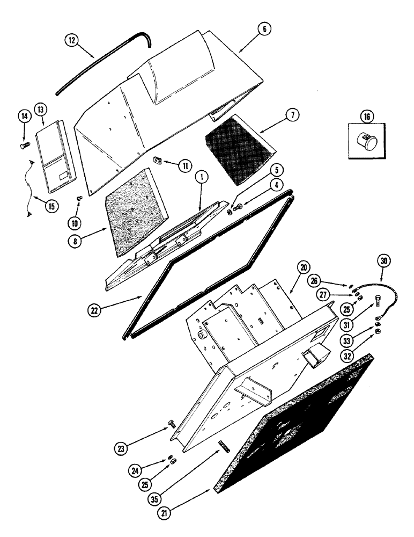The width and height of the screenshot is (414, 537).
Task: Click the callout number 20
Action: (304, 267)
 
